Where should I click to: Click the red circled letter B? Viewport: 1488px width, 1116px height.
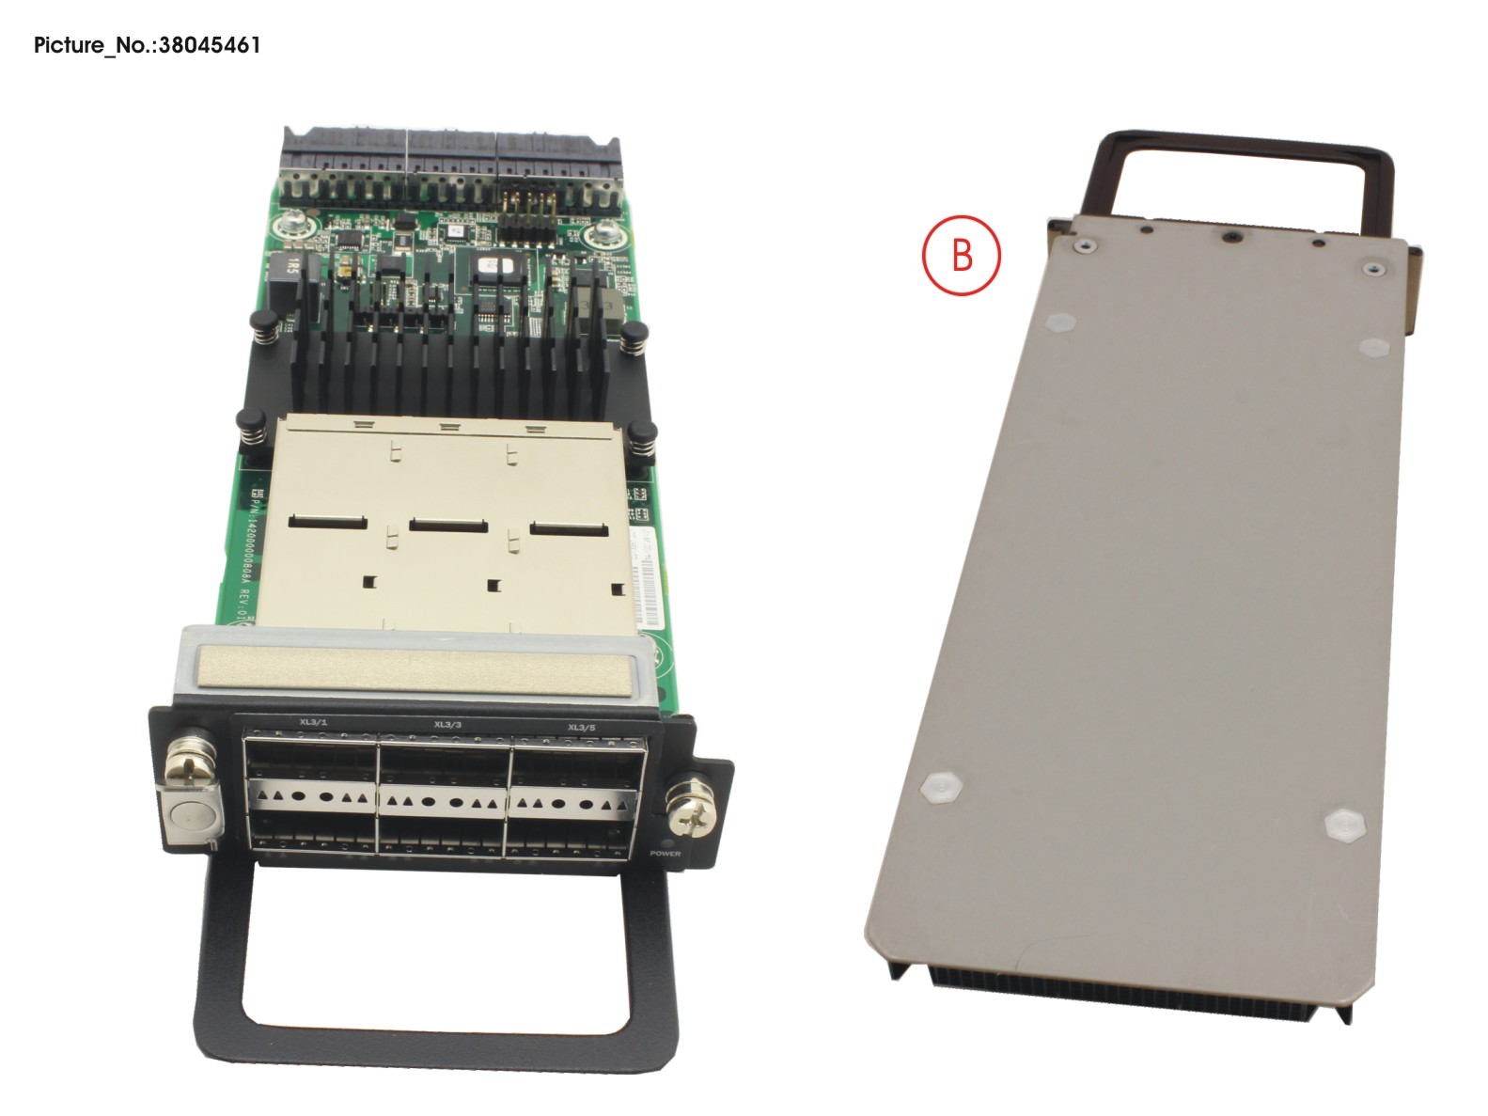[961, 255]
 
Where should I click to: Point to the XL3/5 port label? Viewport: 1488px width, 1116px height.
[581, 727]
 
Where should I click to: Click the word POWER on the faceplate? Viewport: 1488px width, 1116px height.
[665, 854]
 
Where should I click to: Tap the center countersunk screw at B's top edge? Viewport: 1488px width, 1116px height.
[1229, 235]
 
